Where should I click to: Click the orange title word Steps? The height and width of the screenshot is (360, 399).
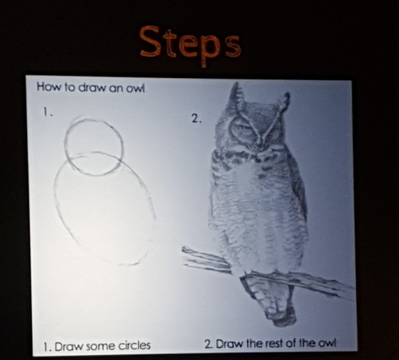click(x=190, y=44)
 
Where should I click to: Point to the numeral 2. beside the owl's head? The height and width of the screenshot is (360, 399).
click(x=196, y=118)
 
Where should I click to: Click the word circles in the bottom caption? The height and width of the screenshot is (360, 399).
click(x=135, y=346)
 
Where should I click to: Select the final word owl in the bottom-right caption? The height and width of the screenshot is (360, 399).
click(x=327, y=343)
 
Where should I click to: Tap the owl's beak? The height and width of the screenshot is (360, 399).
click(x=258, y=142)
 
